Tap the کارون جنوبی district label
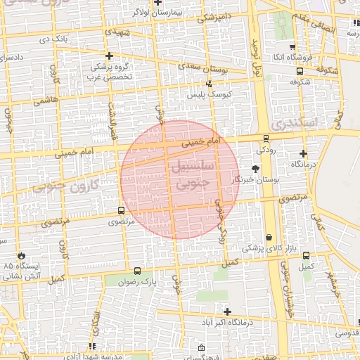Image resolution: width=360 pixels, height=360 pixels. pyautogui.click(x=77, y=186)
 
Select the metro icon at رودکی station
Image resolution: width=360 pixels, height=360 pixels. pyautogui.click(x=266, y=139)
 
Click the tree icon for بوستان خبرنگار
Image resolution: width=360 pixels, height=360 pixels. pyautogui.click(x=255, y=169)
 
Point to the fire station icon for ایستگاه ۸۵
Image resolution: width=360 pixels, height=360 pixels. pyautogui.click(x=22, y=255)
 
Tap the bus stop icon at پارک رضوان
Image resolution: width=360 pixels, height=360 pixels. pyautogui.click(x=137, y=271)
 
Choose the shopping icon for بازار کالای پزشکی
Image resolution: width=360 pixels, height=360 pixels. pyautogui.click(x=269, y=238)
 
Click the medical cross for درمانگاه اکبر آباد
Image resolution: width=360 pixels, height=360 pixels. pyautogui.click(x=227, y=311)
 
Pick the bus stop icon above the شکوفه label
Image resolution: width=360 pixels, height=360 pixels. pyautogui.click(x=300, y=70)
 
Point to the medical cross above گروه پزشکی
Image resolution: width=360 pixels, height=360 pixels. pyautogui.click(x=109, y=55)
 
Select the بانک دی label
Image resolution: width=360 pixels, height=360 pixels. pyautogui.click(x=54, y=40)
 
